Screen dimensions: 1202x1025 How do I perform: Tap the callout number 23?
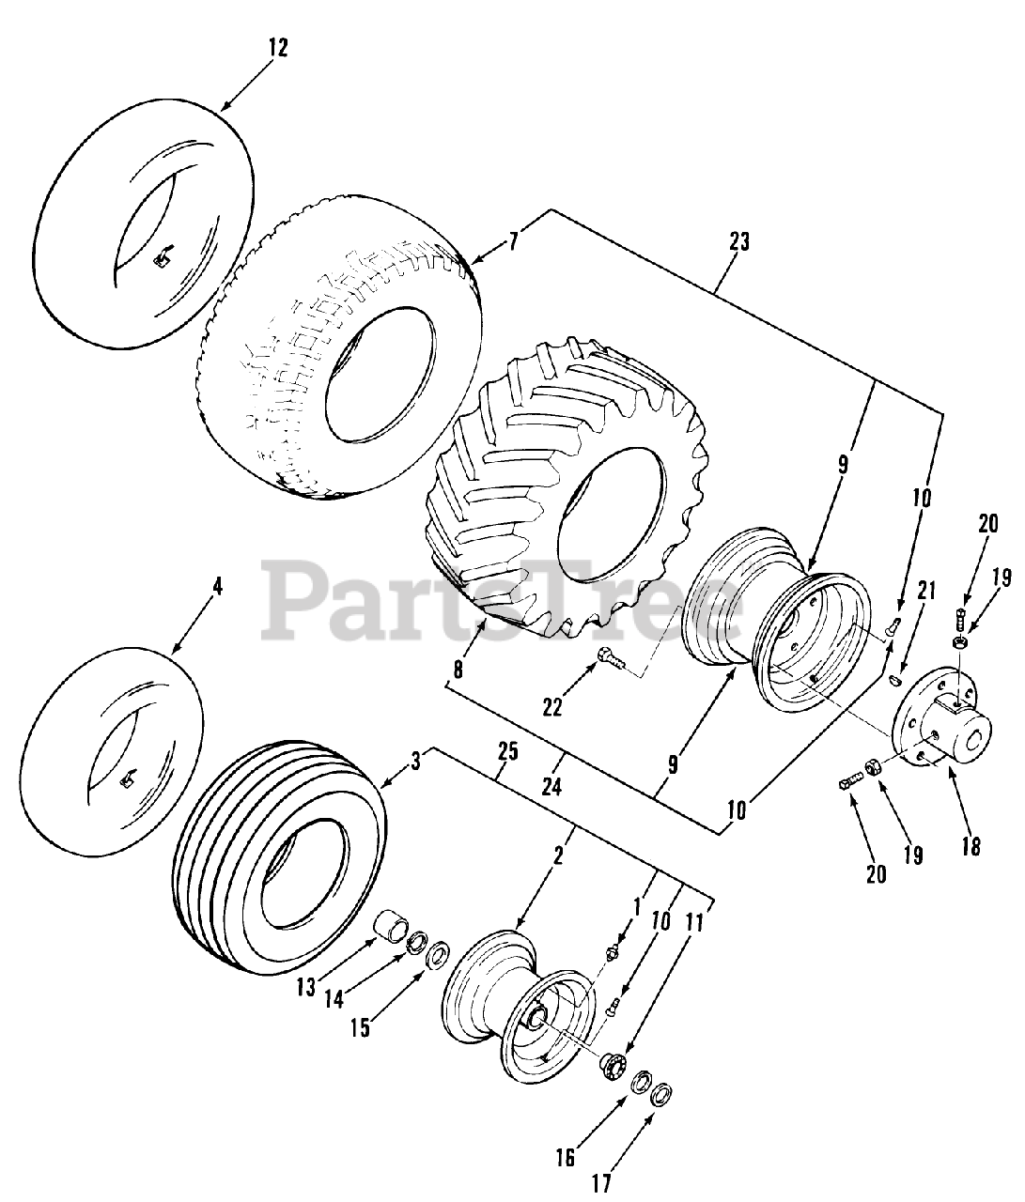(x=739, y=241)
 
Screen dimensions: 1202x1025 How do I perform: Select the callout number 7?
(x=513, y=242)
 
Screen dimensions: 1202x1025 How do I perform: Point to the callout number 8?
(x=458, y=669)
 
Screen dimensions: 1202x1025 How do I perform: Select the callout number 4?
(x=217, y=587)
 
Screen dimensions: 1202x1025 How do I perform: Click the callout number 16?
(x=565, y=1158)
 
